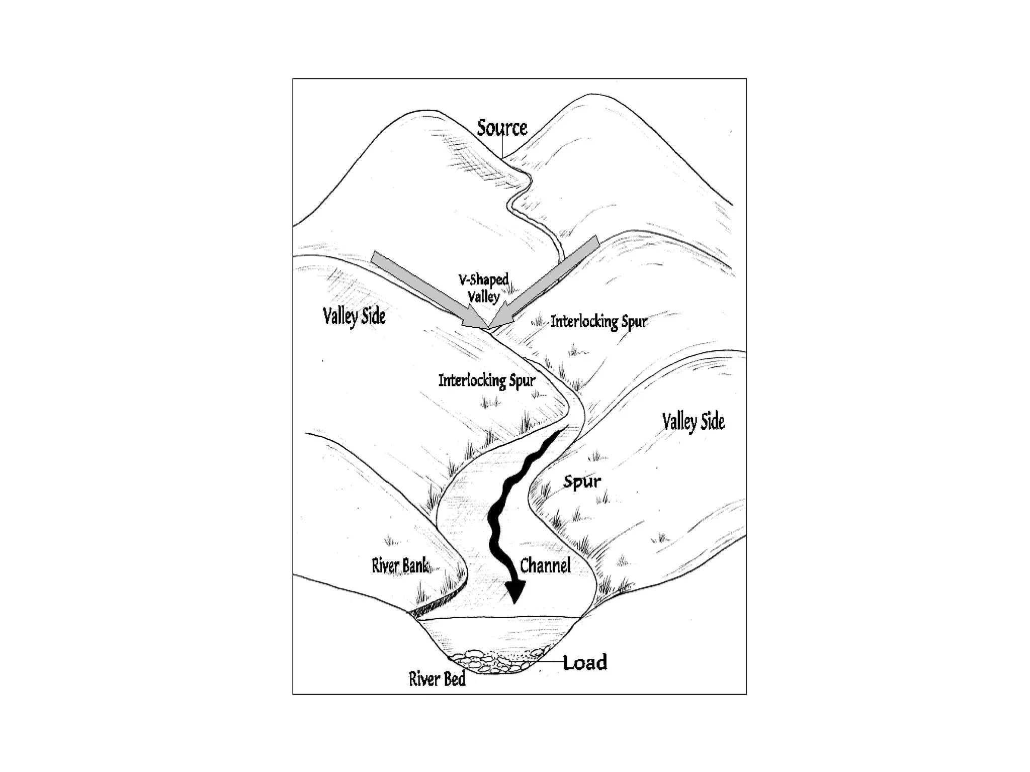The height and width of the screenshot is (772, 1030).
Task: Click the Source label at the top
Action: click(502, 128)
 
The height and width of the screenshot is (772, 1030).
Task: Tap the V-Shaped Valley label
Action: click(483, 287)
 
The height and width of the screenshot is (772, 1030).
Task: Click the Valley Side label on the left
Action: click(354, 317)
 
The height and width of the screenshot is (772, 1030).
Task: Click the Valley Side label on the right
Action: click(693, 422)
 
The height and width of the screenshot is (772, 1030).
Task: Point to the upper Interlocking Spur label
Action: click(598, 321)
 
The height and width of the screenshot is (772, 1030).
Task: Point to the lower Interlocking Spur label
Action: click(486, 380)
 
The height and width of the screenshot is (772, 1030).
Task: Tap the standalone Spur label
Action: click(582, 482)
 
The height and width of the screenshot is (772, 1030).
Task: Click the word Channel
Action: click(545, 566)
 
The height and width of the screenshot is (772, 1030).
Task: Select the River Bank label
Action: click(400, 566)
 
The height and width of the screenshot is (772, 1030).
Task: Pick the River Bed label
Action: click(437, 680)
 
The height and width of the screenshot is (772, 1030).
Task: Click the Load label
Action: click(585, 662)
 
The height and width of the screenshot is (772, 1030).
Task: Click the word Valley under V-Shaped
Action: click(483, 296)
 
